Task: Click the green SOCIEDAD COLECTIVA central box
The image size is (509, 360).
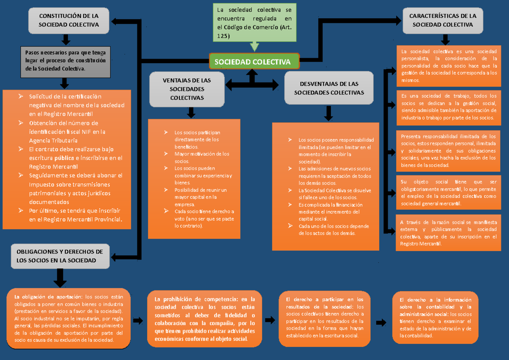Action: (x=254, y=62)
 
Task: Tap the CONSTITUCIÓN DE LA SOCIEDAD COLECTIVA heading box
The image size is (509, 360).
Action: (x=69, y=20)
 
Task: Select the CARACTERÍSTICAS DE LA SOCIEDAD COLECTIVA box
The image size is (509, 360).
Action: (x=443, y=20)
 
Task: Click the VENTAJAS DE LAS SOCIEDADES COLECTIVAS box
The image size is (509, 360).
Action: (x=187, y=89)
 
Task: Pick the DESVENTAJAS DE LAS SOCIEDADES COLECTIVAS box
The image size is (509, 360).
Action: (x=329, y=88)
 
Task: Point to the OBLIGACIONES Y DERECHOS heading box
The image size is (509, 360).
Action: (x=60, y=256)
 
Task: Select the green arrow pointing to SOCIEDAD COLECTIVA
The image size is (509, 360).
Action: (x=254, y=46)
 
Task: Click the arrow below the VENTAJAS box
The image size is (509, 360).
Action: (x=191, y=112)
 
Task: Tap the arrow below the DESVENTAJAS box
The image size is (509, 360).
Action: (x=328, y=113)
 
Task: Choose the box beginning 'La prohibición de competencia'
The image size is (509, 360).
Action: (x=205, y=318)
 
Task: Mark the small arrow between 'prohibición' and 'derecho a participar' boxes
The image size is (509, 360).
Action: (x=270, y=320)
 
